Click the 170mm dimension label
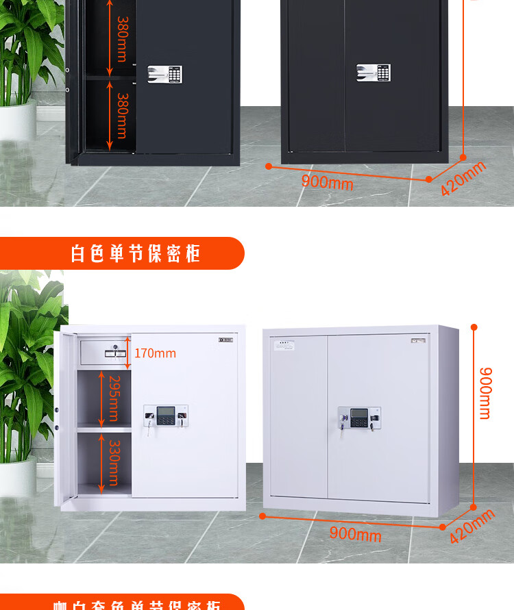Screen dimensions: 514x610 (x=155, y=353)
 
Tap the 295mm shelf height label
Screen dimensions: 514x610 (x=114, y=399)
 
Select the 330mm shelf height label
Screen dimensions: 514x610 (x=114, y=463)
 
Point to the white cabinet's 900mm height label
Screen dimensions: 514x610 (x=485, y=393)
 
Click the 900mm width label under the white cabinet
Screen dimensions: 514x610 (x=355, y=533)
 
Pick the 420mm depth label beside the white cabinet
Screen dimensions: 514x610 (x=472, y=525)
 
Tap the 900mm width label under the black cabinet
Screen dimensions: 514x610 (x=327, y=182)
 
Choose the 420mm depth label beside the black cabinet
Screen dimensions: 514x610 (x=463, y=177)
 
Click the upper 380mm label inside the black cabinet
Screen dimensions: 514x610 (x=122, y=39)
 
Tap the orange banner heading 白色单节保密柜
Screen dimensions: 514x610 (x=136, y=253)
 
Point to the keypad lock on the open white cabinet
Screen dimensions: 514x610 (x=165, y=416)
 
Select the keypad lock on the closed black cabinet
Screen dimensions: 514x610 (x=374, y=73)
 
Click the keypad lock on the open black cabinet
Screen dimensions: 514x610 (x=165, y=75)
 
